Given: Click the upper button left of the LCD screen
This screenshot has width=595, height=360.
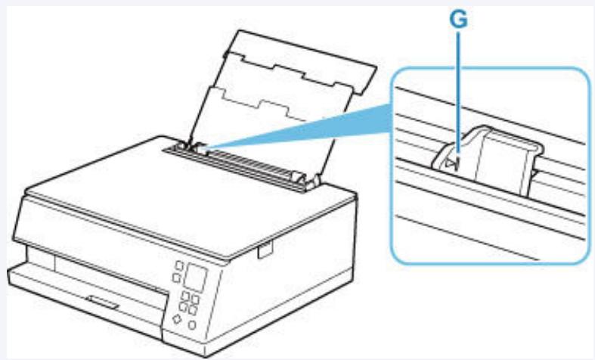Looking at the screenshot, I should coord(178,266).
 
